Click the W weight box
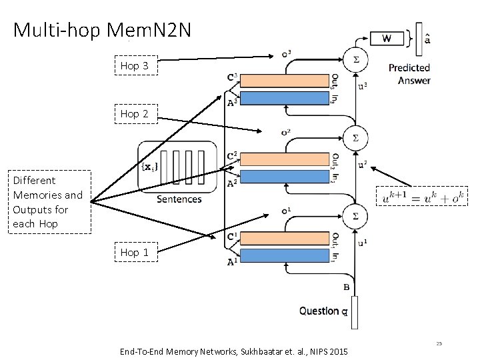click(387, 39)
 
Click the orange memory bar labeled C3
click(285, 81)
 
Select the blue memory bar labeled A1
click(285, 255)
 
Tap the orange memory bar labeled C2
click(285, 159)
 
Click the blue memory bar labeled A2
click(285, 177)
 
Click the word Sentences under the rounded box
click(179, 199)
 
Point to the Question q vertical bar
click(355, 313)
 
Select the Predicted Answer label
click(410, 74)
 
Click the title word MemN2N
click(149, 30)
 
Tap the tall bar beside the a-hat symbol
click(419, 39)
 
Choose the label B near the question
click(346, 287)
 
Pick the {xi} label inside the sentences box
click(150, 167)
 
